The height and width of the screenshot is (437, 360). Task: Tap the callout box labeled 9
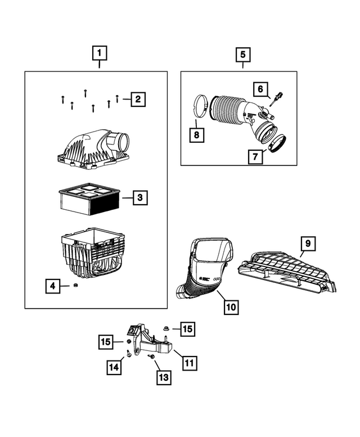[308, 244]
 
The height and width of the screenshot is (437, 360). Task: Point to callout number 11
[189, 363]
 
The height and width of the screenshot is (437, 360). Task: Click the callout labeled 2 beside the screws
[138, 100]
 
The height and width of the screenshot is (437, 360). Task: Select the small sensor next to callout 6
[276, 100]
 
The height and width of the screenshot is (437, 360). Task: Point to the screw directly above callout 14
[129, 353]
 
